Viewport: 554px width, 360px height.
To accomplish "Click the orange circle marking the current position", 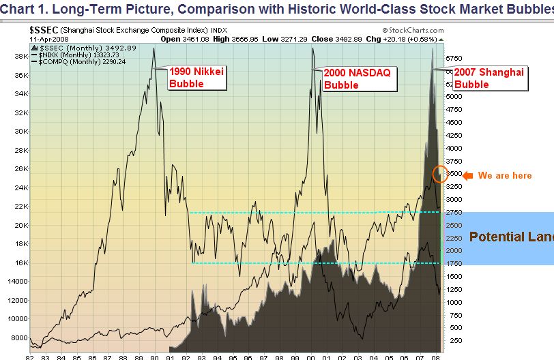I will coord(441,174).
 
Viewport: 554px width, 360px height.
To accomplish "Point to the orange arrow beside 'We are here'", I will coord(467,175).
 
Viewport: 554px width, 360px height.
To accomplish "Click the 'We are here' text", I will coord(504,176).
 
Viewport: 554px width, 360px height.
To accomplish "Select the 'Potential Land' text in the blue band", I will coord(511,237).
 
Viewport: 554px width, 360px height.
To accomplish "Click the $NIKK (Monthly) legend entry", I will coord(72,55).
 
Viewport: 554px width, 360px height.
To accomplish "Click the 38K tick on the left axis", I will coord(20,57).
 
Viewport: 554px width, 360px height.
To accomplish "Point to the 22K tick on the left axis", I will coord(20,207).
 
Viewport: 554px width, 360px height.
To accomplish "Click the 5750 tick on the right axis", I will coord(454,58).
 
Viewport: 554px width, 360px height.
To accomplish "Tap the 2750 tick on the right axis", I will coord(454,212).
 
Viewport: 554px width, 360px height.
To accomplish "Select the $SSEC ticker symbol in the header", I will coord(44,31).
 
